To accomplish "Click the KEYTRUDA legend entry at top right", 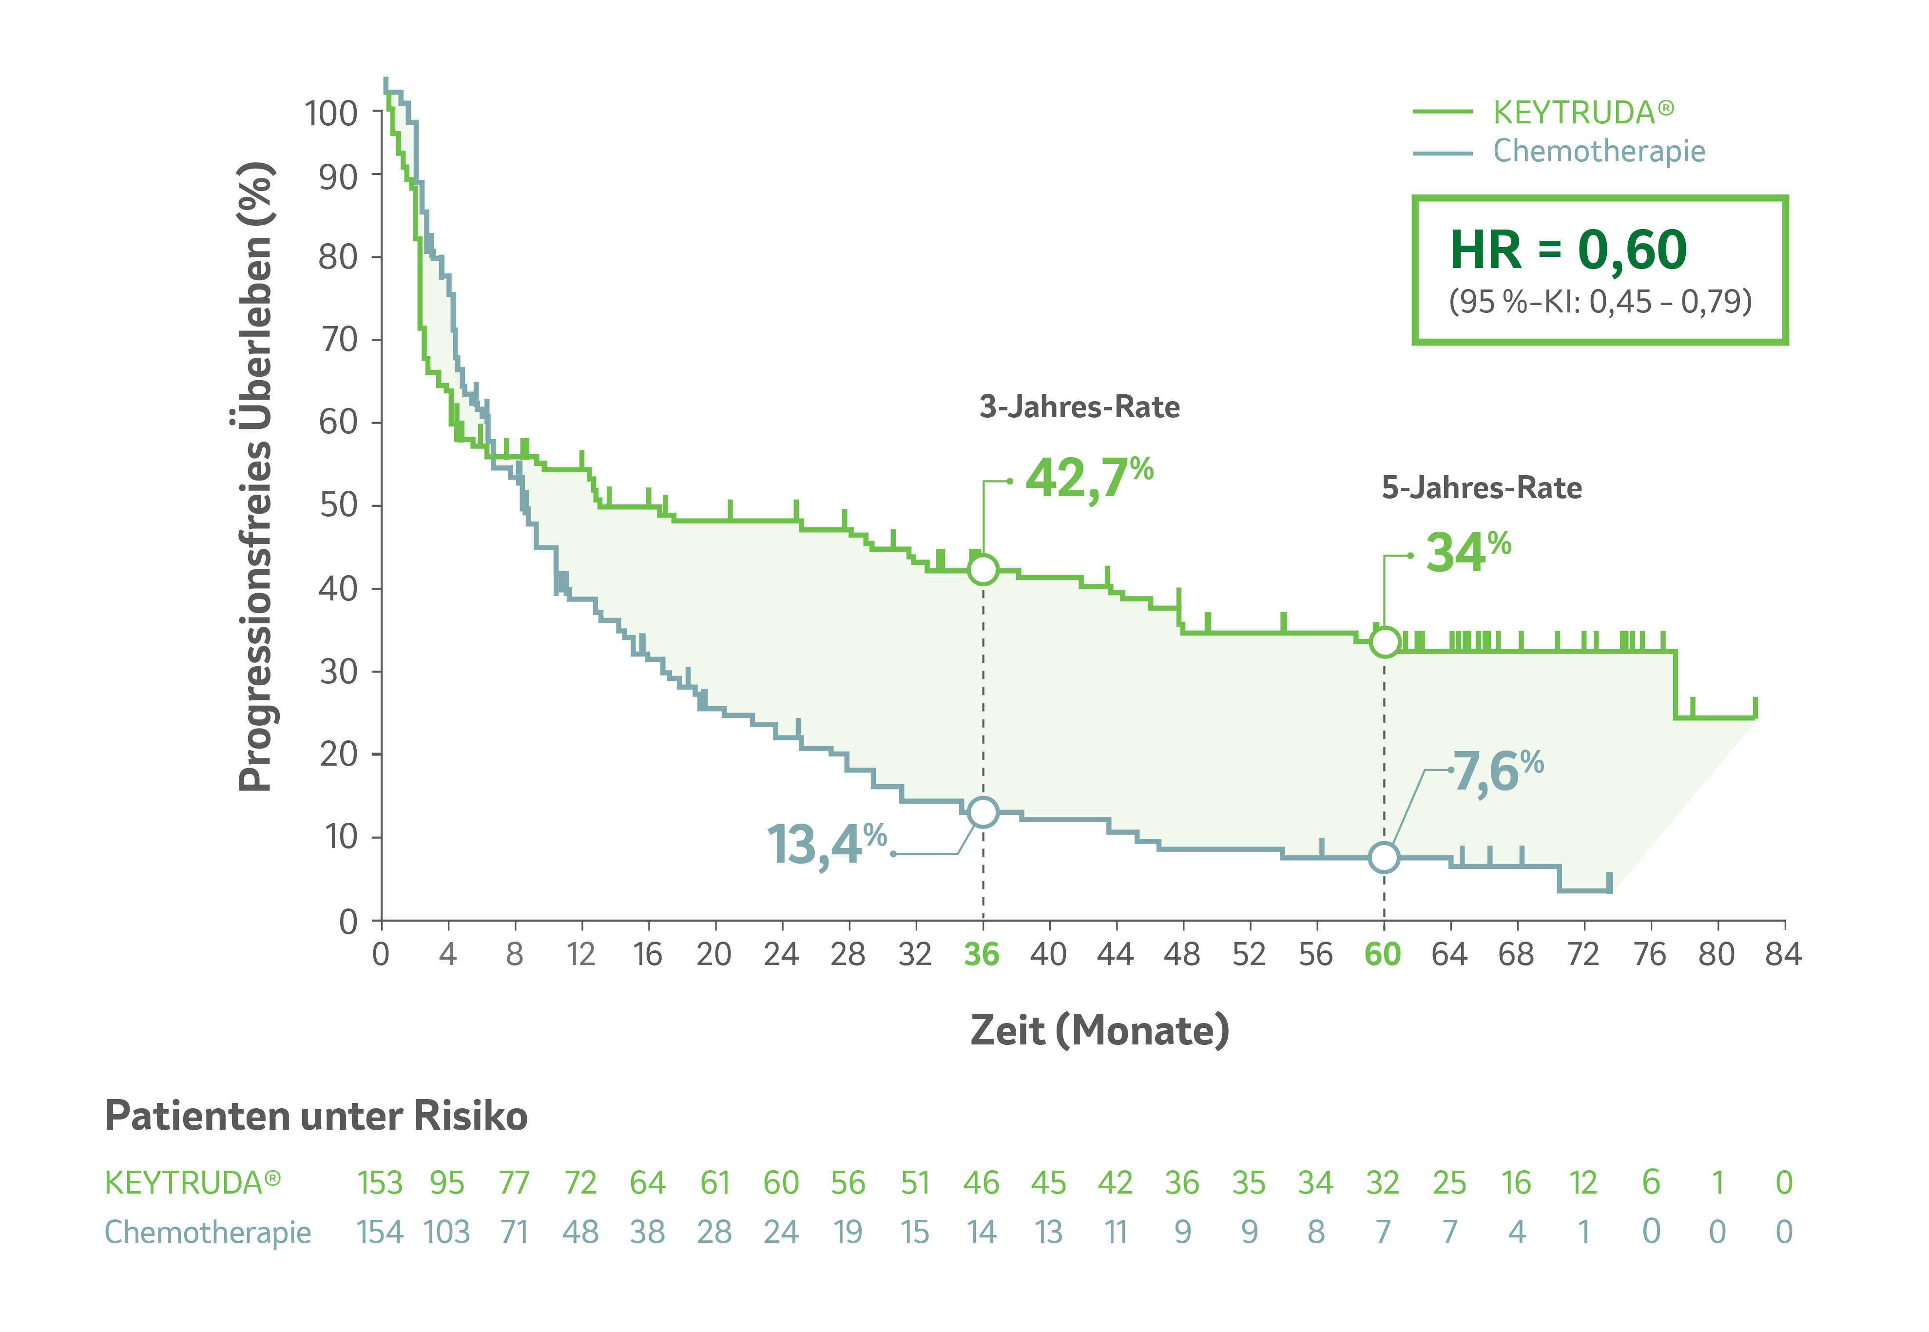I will (1582, 112).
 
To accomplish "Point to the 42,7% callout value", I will (1088, 478).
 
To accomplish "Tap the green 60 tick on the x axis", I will (1383, 954).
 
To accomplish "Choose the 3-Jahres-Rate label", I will (1080, 407).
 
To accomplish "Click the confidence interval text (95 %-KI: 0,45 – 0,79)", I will (1600, 301).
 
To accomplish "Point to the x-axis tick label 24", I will (781, 954).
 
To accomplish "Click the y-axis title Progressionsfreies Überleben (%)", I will (255, 476).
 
